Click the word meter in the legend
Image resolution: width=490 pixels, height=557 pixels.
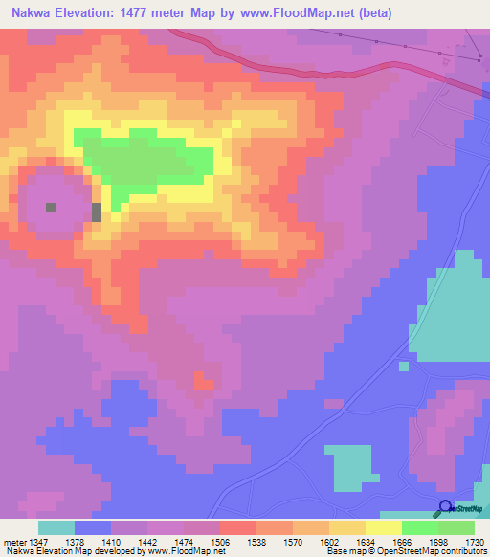[13, 541]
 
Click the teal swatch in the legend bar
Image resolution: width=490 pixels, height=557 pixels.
[56, 527]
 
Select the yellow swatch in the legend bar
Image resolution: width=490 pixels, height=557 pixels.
[384, 527]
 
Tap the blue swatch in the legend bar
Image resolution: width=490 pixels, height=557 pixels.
[93, 527]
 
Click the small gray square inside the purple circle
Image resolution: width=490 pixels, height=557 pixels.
[51, 207]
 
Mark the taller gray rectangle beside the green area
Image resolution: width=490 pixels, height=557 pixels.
[96, 212]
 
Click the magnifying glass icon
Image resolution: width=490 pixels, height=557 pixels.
[446, 508]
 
